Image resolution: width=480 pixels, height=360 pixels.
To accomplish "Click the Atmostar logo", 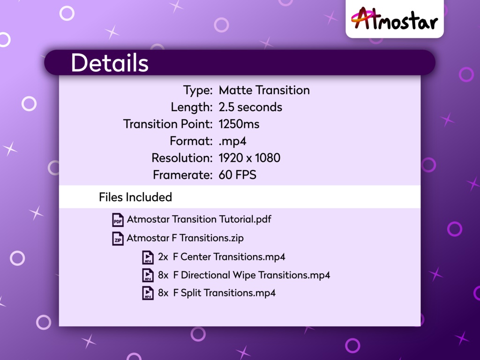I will pyautogui.click(x=395, y=20).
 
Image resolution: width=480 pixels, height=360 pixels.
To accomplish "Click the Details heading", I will pyautogui.click(x=110, y=63).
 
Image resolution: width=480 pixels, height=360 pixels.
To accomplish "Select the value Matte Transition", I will pyautogui.click(x=264, y=90).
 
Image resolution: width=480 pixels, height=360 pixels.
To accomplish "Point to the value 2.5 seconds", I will pyautogui.click(x=250, y=107).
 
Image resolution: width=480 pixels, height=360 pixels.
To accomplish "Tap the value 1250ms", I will pyautogui.click(x=239, y=124).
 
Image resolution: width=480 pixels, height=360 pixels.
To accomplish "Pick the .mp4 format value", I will pyautogui.click(x=232, y=141).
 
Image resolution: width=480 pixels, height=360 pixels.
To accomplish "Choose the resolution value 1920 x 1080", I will pyautogui.click(x=249, y=158).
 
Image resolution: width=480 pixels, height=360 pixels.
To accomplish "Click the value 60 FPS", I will pyautogui.click(x=237, y=175).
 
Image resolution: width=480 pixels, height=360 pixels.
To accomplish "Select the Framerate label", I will pyautogui.click(x=183, y=175).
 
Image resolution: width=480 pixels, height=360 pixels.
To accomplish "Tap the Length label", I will pyautogui.click(x=191, y=107).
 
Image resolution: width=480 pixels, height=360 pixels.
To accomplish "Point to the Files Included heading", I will pyautogui.click(x=135, y=197).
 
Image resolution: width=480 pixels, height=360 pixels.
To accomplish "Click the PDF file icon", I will pyautogui.click(x=118, y=219).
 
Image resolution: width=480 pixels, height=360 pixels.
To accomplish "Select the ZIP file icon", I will pyautogui.click(x=118, y=238).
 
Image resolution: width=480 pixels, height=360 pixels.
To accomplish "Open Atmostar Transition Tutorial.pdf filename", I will pyautogui.click(x=199, y=219).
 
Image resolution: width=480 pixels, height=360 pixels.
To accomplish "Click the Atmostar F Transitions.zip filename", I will pyautogui.click(x=185, y=238).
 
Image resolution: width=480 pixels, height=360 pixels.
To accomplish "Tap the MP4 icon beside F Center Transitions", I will pyautogui.click(x=148, y=257).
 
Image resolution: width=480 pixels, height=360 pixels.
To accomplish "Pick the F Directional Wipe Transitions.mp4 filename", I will pyautogui.click(x=251, y=275).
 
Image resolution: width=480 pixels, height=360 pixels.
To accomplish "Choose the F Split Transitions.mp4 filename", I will pyautogui.click(x=224, y=293).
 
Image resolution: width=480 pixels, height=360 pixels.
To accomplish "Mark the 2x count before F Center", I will pyautogui.click(x=163, y=257).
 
